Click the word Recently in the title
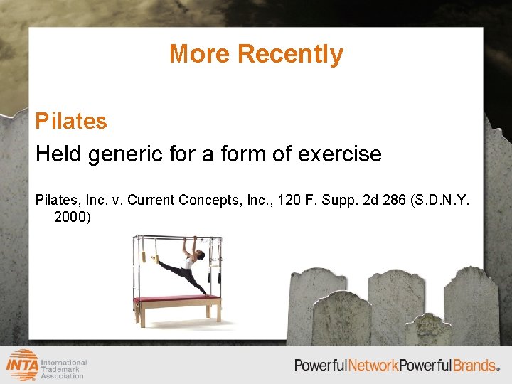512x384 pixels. click(290, 54)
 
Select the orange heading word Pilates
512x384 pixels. click(71, 121)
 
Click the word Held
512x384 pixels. click(59, 154)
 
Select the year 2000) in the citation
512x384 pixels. click(73, 217)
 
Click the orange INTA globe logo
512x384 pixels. click(23, 365)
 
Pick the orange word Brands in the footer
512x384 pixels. click(474, 366)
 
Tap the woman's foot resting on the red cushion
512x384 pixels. click(207, 293)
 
